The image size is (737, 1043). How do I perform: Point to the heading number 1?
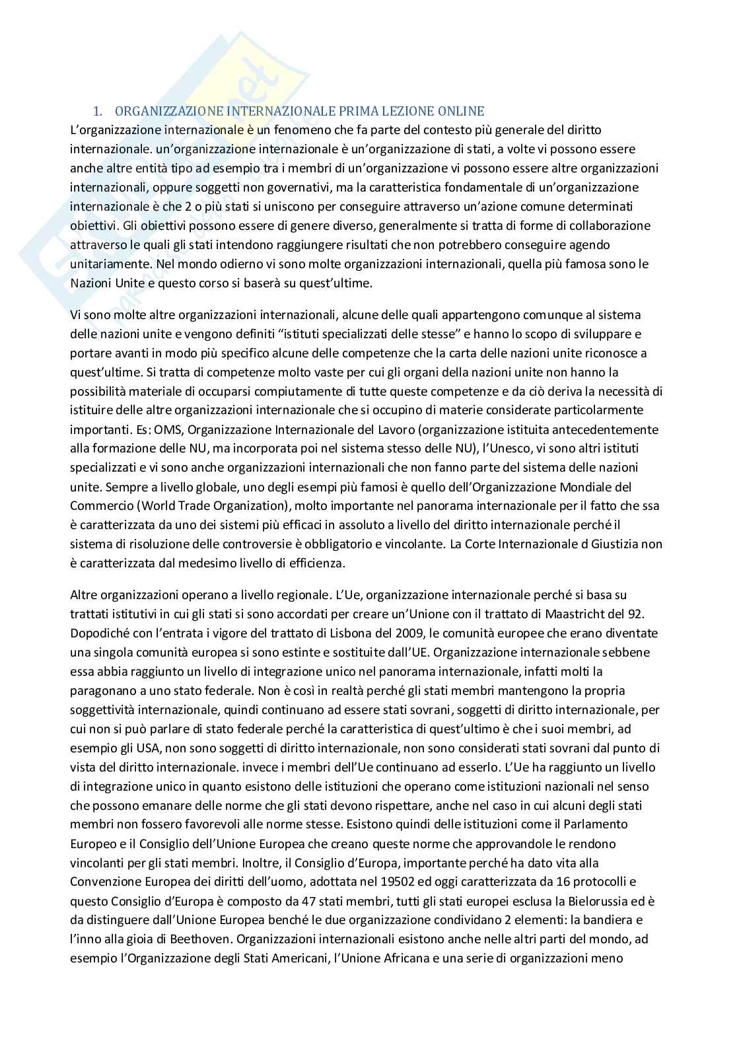pyautogui.click(x=98, y=111)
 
